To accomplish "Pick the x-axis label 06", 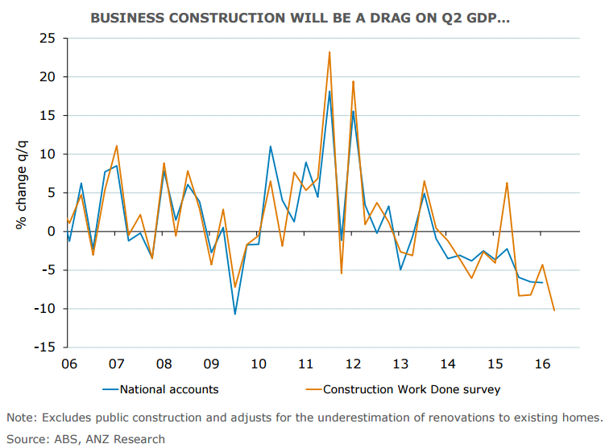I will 68,364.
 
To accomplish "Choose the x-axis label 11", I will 305,364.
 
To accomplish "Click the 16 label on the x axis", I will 542,364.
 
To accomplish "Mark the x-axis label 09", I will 211,364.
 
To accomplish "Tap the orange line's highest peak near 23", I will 329,52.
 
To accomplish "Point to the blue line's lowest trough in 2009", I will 234,314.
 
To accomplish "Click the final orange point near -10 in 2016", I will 554,310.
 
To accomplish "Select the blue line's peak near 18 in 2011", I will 329,91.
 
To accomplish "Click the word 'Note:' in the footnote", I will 23,417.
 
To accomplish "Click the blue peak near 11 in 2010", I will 270,146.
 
